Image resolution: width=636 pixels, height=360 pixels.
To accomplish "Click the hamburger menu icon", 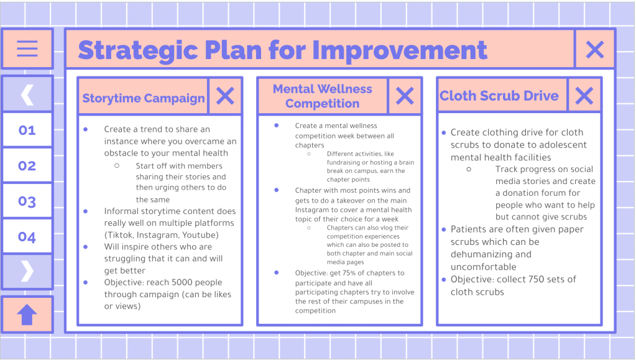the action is pos(27,48).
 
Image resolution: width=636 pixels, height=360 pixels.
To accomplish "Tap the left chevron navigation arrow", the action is pos(27,95).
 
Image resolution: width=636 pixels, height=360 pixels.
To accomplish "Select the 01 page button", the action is pos(27,131).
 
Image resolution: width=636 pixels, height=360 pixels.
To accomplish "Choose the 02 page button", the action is pos(27,165).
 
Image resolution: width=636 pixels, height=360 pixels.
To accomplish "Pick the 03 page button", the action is pos(27,201).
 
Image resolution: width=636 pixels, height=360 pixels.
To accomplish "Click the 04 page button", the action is pos(27,237).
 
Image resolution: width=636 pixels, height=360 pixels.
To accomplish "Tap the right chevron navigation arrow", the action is pos(27,271).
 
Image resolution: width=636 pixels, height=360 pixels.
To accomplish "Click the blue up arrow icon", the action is pos(27,315).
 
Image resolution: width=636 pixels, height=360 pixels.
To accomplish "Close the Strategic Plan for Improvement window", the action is pos(595,50).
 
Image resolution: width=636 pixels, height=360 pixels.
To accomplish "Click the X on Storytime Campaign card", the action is pos(225,96).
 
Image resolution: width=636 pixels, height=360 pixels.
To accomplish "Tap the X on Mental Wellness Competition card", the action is pos(405,96).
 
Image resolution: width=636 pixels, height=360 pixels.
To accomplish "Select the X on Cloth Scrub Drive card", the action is pos(584,96).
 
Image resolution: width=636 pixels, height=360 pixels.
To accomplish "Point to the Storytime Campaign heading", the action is pos(144,98).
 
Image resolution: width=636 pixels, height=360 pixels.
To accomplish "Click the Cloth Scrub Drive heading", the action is pos(499,96).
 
